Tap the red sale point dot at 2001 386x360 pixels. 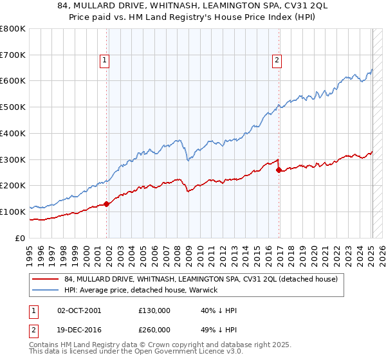point(107,204)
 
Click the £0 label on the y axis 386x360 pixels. point(21,238)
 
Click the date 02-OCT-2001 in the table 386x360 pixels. point(79,311)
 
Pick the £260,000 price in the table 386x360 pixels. point(154,330)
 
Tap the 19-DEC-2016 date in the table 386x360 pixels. point(79,330)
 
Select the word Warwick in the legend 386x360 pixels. point(203,291)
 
